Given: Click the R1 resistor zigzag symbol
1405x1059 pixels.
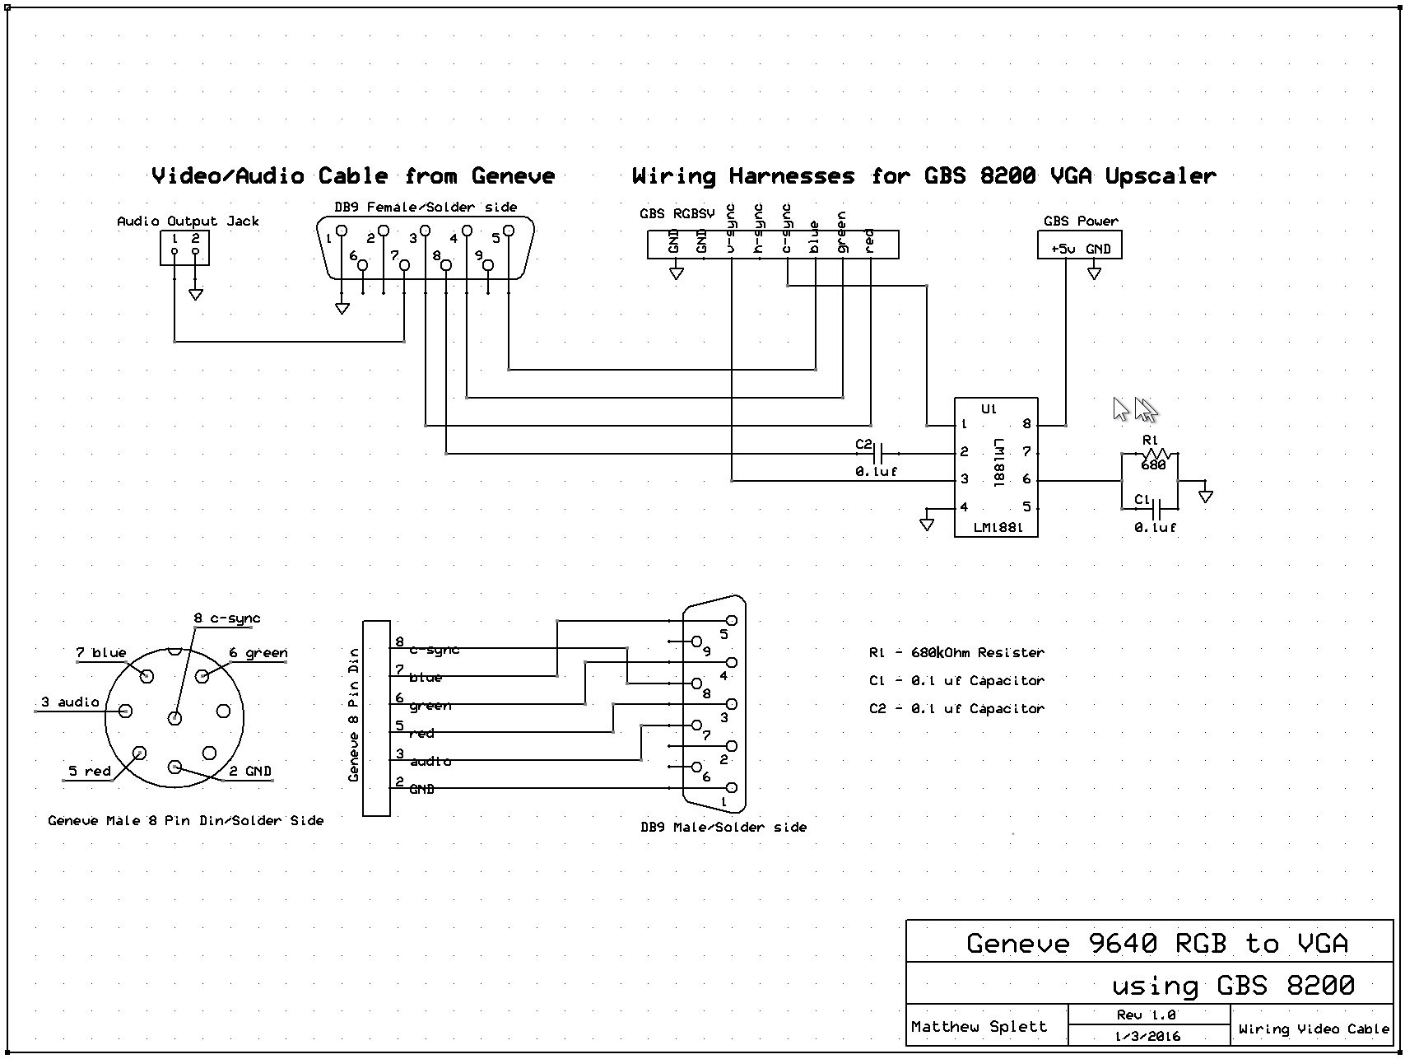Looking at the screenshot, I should [1159, 454].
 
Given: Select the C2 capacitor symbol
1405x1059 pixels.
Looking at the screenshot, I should [877, 453].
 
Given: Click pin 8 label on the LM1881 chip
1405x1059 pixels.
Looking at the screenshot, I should [1026, 425].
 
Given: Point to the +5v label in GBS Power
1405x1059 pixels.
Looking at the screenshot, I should [1063, 250].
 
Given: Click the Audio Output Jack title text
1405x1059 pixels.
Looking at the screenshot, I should [188, 221].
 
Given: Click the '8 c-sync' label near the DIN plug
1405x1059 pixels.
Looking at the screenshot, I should [227, 618].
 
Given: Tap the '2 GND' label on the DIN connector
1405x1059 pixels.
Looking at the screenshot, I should [249, 772].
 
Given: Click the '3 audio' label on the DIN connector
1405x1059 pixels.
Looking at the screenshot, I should [70, 702].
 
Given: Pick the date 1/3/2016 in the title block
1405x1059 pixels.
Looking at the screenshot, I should [1147, 1036].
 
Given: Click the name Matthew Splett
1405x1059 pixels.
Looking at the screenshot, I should [979, 1027].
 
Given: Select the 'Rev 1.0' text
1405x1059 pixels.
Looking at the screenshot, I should [1146, 1015].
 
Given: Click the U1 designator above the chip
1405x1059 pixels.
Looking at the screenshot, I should [989, 408].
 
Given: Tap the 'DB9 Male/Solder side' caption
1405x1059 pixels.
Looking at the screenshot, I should [723, 827].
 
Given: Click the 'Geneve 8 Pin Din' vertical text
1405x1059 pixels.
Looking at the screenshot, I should [354, 715].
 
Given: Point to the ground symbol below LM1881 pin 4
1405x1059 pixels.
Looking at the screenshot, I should [927, 524].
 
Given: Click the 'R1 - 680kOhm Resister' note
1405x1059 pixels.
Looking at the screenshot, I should [956, 652].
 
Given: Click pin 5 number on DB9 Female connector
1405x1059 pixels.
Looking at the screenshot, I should [495, 239].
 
